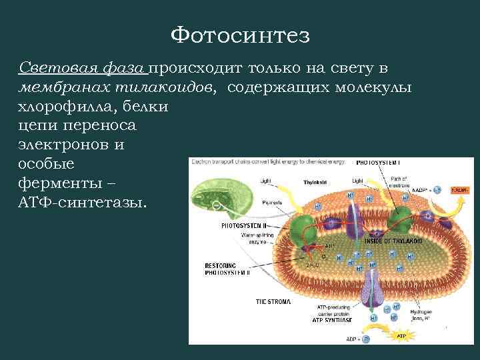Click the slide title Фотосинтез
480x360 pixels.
[240, 35]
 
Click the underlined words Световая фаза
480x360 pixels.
[84, 68]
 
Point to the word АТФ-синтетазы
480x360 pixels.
[82, 202]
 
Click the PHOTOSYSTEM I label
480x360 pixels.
[378, 162]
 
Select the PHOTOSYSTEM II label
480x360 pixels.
[243, 226]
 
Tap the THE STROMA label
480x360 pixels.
[273, 301]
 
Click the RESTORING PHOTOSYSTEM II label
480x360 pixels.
[227, 269]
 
